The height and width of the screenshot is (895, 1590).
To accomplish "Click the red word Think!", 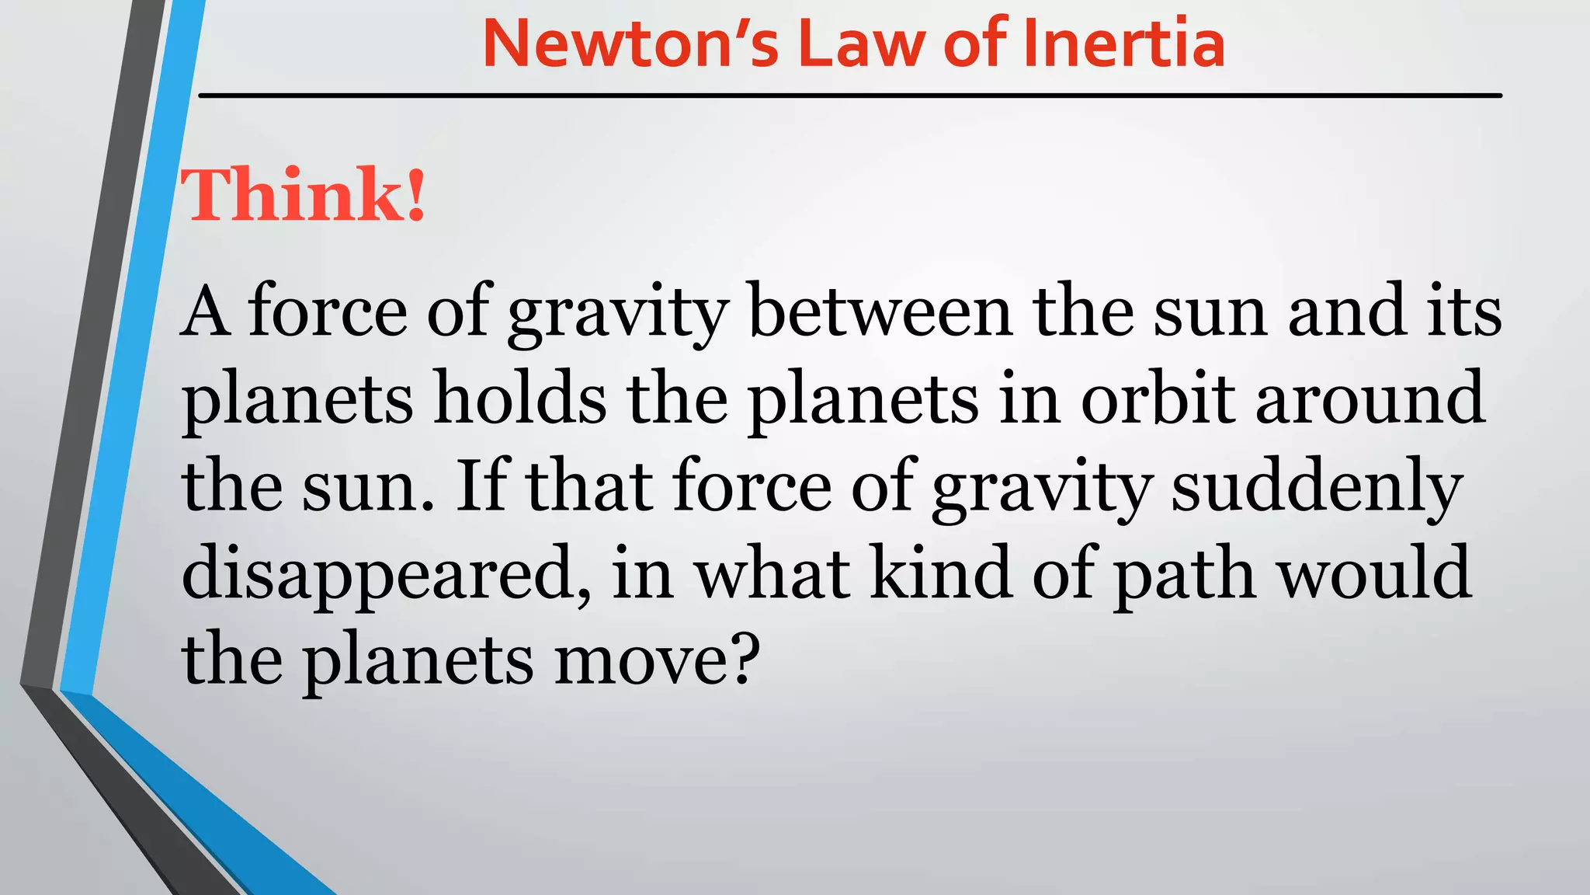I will pos(303,194).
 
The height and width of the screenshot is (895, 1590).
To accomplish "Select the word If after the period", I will pos(481,486).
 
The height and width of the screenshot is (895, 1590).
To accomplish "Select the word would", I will pos(1375,573).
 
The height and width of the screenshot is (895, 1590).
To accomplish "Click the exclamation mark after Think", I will pos(416,196).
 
